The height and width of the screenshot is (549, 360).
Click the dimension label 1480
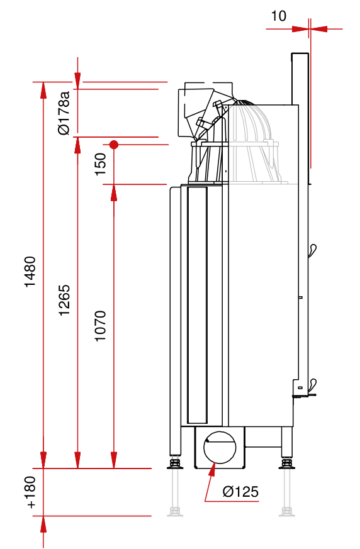pos(30,272)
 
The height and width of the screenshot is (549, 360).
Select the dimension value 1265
pos(64,301)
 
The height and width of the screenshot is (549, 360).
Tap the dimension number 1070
pos(100,326)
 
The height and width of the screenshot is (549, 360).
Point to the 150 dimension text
pos(101,164)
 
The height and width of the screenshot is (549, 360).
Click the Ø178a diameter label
pos(64,113)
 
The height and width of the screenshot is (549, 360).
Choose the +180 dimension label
pos(30,492)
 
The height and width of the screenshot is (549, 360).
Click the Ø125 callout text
pos(240,492)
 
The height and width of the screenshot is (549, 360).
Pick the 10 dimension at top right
pos(279,16)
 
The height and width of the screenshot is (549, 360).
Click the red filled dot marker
pos(113,144)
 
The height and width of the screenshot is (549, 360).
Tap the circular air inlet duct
pos(220,448)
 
